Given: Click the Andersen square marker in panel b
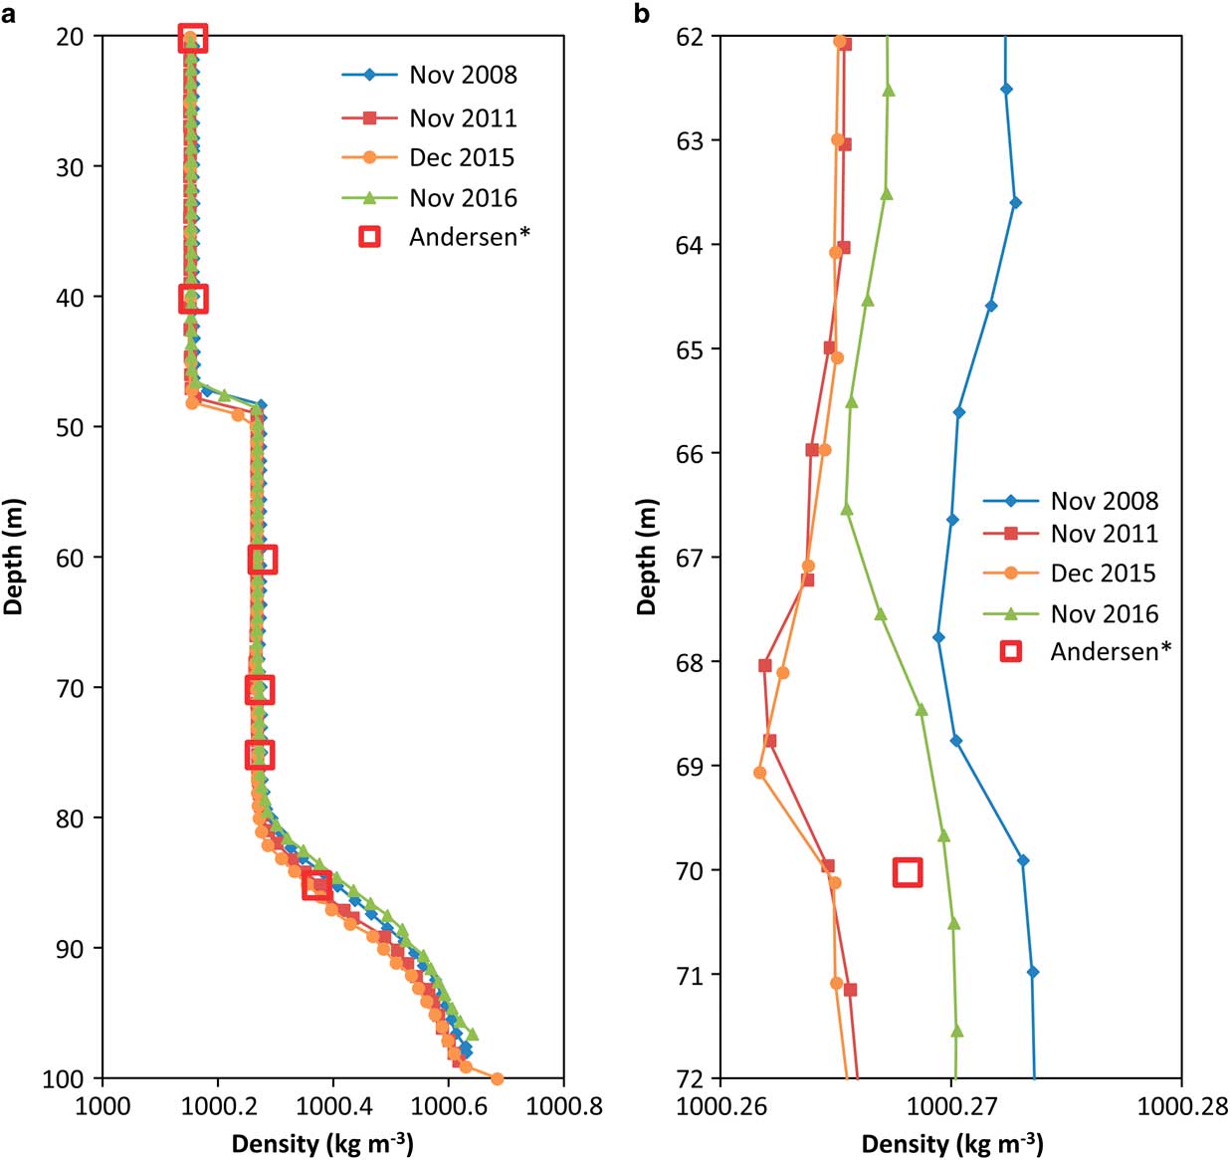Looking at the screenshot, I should coord(907,872).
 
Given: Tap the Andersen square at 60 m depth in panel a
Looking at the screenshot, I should coord(262,560).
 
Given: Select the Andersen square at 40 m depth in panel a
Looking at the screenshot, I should coord(193,298).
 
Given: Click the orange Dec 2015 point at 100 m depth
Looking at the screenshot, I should coord(498,1078).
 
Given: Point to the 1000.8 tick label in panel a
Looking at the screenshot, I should coord(564,1107).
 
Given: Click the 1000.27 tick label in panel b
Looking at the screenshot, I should coord(951,1107).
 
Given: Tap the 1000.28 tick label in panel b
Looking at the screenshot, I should coord(1182,1107).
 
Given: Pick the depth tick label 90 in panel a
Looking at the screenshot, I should coord(72,948).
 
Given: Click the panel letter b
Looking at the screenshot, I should coord(642,13).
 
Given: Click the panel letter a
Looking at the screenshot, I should coord(9,13).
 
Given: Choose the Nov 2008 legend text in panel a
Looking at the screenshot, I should coord(463,75).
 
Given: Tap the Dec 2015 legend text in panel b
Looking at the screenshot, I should coord(1103,574).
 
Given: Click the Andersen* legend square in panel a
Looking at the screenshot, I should coord(369,237).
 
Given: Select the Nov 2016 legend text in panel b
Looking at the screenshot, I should coord(1105,613).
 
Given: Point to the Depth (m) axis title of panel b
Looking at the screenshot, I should coord(648,557).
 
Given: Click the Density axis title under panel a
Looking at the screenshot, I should coord(322,1143).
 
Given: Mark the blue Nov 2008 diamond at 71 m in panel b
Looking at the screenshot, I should coord(1032,972).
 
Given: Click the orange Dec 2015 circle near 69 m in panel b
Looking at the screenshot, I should coord(760,772).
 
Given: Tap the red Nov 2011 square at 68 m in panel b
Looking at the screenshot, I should coord(764,665).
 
